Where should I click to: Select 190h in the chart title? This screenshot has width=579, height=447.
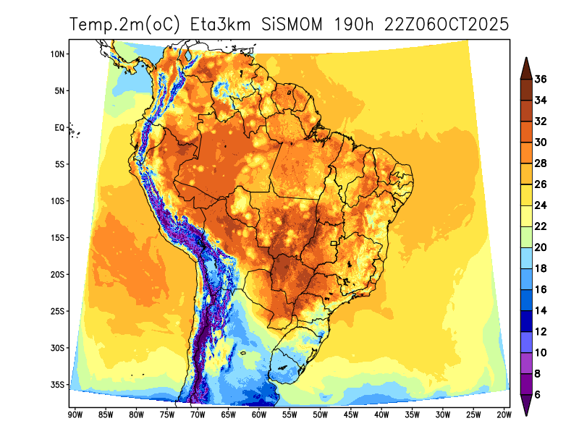pos(353,24)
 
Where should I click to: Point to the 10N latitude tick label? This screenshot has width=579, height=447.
pos(59,54)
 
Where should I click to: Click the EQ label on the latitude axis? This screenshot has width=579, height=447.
pos(59,128)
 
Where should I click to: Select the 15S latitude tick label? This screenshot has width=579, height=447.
pos(59,238)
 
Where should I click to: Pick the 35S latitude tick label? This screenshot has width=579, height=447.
pos(59,385)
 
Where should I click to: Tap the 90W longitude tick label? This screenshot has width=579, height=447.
pos(74,414)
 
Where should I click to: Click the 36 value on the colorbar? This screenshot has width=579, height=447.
pos(540,80)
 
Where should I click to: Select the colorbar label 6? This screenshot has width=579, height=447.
pos(538,395)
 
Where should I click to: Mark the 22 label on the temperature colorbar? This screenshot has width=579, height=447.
pos(540,226)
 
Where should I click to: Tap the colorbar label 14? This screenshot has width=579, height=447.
pos(540,310)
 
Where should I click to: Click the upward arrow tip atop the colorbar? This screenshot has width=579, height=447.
pos(526,60)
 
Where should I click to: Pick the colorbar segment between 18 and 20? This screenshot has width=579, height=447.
pos(526,257)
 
